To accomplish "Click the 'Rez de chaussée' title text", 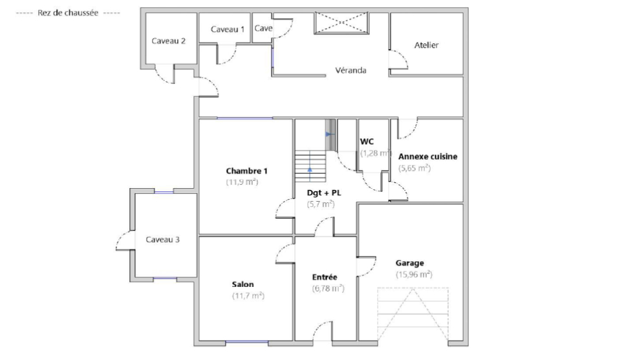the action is [x=68, y=13].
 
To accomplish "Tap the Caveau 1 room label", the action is [x=228, y=29].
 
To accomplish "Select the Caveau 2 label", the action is [x=169, y=41].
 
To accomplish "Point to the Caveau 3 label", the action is [x=163, y=240].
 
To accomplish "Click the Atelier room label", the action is [x=427, y=45].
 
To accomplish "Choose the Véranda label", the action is [x=350, y=70].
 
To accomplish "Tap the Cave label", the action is [x=263, y=28].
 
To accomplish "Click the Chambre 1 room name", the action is [x=247, y=171].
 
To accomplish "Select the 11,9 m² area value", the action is [x=242, y=182].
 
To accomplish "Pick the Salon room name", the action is [x=242, y=284].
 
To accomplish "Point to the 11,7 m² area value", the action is [x=248, y=295].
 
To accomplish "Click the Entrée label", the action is [x=325, y=277].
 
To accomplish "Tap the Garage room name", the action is [x=410, y=263].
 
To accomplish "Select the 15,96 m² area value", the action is [x=414, y=274].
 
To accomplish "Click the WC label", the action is [x=367, y=142].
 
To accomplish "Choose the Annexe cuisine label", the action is [x=427, y=156].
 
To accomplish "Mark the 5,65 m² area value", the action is [x=414, y=167].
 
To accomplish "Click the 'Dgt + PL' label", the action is [x=324, y=193].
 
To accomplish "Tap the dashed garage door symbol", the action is [x=413, y=314].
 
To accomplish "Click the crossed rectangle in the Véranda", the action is [x=341, y=23].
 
